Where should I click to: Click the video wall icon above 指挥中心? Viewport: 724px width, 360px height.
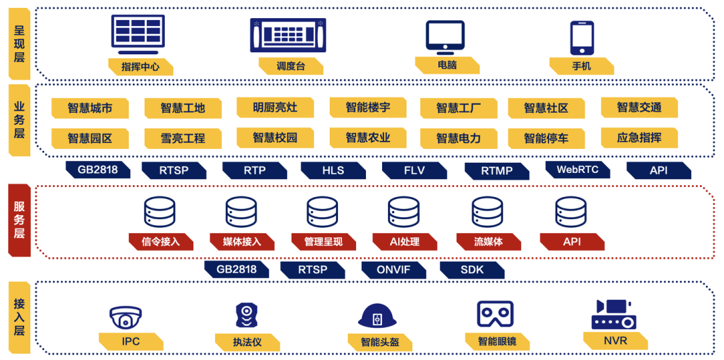pos(141,34)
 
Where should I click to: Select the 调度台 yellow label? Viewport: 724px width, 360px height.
pos(290,66)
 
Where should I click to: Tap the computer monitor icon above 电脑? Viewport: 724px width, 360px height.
pos(445,38)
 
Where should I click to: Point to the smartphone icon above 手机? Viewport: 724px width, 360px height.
pos(581,38)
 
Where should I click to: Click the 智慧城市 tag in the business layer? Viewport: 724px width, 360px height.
pos(89,108)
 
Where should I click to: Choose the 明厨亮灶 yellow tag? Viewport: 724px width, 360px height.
pos(275,107)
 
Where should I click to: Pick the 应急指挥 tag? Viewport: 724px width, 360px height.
pos(639,138)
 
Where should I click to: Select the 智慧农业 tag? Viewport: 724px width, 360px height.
pos(367,138)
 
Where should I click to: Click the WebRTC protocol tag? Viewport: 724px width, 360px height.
pos(577,170)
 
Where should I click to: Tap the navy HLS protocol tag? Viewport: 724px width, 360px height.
pos(333,170)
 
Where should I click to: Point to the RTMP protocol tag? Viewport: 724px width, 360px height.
pos(496,171)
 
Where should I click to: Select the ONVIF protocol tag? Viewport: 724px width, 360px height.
pos(394,269)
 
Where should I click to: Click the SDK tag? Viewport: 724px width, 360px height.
pos(472,269)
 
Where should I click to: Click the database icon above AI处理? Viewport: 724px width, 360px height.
pos(404,212)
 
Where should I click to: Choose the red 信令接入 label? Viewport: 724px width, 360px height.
pos(161,241)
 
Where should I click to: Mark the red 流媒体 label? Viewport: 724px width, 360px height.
pos(488,241)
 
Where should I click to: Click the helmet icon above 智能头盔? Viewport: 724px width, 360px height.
pos(377,316)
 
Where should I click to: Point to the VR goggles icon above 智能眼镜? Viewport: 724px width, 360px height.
pos(495,314)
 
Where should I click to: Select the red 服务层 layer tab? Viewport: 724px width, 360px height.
pos(19,220)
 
